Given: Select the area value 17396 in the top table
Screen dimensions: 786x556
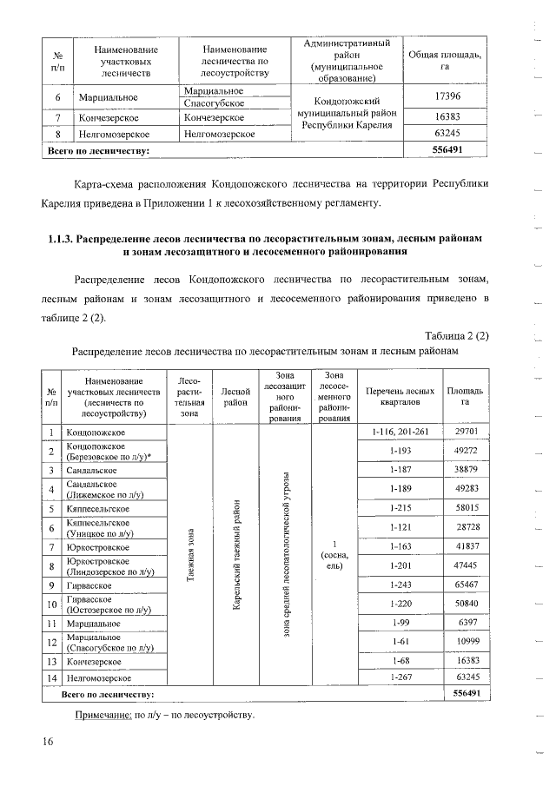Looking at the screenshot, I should click(446, 97).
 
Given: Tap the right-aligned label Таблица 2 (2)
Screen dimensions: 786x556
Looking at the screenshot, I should click(458, 336).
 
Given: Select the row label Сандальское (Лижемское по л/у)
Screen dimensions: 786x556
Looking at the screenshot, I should click(103, 489).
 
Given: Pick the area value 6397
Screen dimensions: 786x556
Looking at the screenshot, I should click(465, 623).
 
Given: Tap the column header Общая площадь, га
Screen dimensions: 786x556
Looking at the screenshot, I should click(446, 60).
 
